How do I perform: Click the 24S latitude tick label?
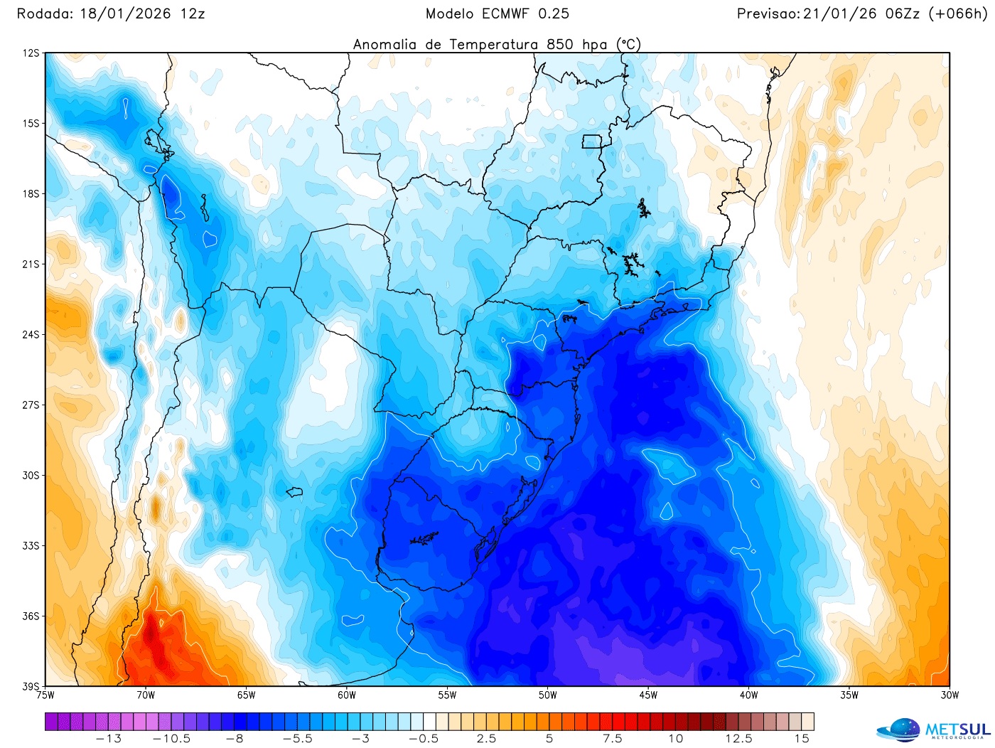coord(31,334)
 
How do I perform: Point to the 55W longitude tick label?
coord(447,695)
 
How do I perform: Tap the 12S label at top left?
coord(31,53)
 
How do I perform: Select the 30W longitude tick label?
coord(950,695)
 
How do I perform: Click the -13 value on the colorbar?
coord(109,739)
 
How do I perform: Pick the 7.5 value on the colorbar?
coord(613,739)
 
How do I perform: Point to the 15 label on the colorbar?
coord(802,739)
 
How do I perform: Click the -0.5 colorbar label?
coord(424,739)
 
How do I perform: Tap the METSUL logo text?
coord(957,730)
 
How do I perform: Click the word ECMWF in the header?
coord(505,14)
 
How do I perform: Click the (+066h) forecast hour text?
coord(959,14)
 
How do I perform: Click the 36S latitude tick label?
coord(31,616)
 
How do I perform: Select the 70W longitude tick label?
coord(146,695)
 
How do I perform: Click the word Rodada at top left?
coord(44,14)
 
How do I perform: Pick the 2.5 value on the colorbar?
coord(487,739)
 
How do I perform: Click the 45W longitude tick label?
coord(648,695)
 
